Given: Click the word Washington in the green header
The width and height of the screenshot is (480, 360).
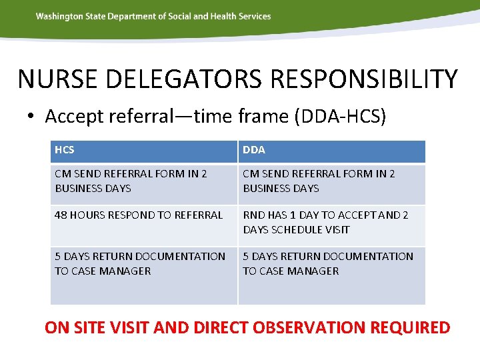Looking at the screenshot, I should [60, 16].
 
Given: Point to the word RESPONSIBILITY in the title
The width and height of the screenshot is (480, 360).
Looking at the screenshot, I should [364, 79].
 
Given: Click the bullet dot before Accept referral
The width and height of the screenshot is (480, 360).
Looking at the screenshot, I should [31, 117].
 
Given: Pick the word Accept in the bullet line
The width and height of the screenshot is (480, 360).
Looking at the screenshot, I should [71, 117].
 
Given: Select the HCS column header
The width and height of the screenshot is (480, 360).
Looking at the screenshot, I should [65, 150].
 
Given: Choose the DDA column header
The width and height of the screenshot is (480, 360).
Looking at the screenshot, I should [254, 150].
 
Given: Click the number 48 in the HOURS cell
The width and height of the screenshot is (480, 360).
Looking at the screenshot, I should [61, 215].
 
